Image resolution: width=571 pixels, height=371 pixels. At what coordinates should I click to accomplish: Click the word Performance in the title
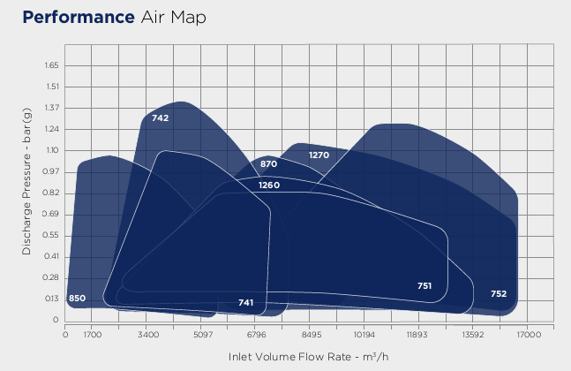pos(77,18)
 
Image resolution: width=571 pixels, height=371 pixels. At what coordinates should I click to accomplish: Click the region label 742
pos(160,117)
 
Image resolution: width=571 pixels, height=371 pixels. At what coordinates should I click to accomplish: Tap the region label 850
pos(77,299)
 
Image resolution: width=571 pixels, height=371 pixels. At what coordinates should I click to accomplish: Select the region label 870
pos(269,164)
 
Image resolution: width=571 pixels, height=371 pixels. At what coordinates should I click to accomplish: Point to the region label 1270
pos(319,155)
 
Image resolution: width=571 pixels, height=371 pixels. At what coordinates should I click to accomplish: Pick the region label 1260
pos(269,185)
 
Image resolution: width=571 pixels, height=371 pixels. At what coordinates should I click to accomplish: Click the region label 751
pos(424,285)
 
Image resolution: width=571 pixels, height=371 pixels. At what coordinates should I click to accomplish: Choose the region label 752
pos(499,293)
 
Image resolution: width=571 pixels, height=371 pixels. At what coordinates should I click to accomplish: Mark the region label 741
pos(246,303)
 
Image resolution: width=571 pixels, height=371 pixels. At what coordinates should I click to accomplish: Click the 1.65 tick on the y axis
pos(49,65)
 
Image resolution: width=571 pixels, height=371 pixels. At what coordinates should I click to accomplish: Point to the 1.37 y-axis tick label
pos(49,108)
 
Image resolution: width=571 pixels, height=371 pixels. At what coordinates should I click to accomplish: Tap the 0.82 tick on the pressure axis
pos(49,193)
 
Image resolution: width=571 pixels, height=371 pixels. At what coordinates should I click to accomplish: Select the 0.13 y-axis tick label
pos(49,299)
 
